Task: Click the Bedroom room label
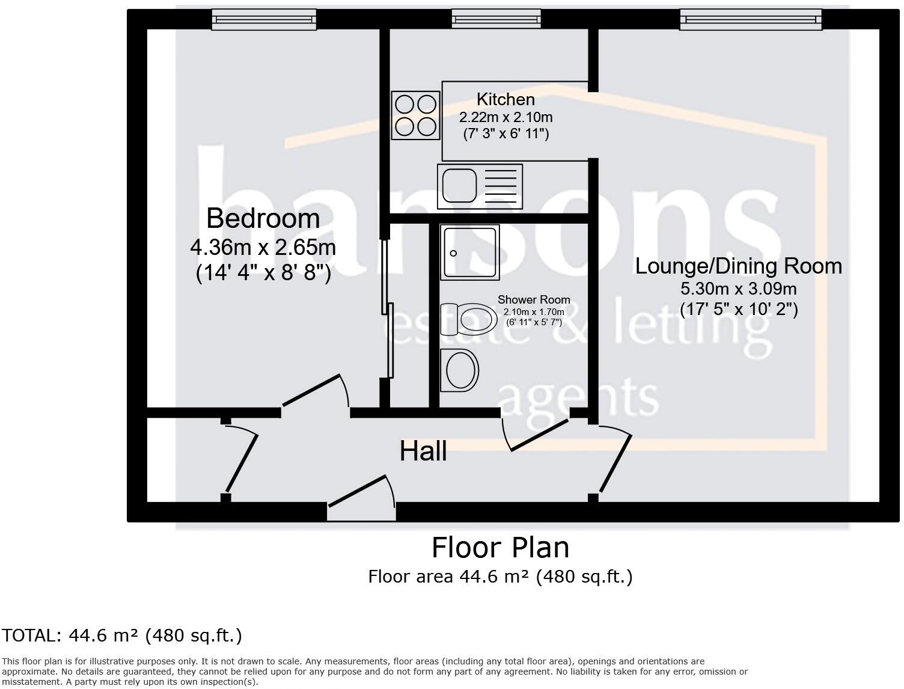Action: tap(263, 218)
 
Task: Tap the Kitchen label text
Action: tap(505, 99)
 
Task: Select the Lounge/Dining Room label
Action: tap(739, 266)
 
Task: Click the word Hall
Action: tap(423, 451)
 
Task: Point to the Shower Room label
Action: tap(534, 299)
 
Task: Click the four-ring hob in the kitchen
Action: tap(415, 115)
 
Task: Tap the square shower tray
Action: tap(470, 253)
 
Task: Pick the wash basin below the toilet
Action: tap(460, 369)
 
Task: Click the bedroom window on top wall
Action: tap(264, 20)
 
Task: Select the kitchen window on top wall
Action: tap(496, 20)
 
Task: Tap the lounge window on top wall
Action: tap(750, 20)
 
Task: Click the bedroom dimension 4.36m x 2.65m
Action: tap(263, 247)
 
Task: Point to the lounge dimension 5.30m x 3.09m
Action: tap(739, 288)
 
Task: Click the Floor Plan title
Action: tap(500, 548)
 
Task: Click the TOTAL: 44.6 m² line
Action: tap(122, 635)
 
